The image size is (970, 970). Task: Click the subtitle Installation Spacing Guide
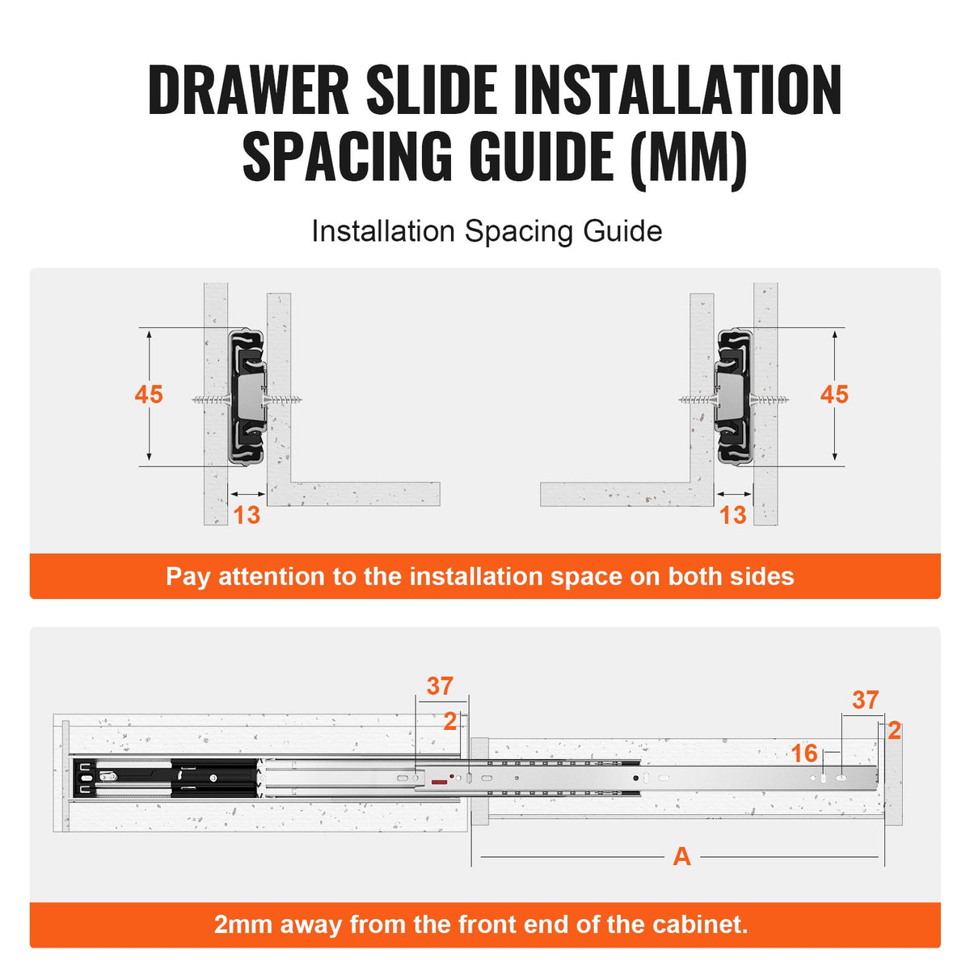coord(487,231)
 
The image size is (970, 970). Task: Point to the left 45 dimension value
coord(149,394)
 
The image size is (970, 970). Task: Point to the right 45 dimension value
coord(834,394)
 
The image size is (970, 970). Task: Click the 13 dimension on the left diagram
coord(247,515)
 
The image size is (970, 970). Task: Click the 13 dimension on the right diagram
coord(732,515)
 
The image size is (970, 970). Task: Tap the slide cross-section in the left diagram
coord(248,396)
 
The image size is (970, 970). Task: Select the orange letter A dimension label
coord(681,857)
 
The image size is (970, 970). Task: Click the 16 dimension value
coord(804,753)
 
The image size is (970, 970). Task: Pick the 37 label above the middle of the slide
coord(440,686)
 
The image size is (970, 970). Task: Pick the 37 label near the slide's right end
coord(865,700)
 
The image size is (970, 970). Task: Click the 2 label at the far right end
coord(894,731)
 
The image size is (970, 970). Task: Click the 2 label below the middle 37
coord(450,721)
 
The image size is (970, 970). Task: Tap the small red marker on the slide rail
coord(440,782)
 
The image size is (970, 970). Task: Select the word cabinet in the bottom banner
coord(694,924)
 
